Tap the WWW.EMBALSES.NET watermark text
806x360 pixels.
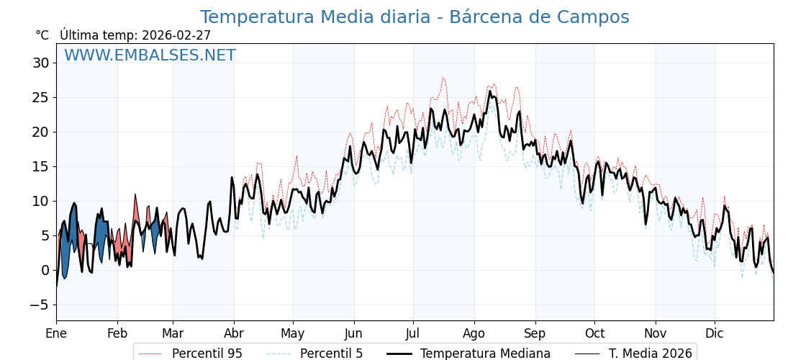coord(150,55)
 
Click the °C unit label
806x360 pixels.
coord(42,35)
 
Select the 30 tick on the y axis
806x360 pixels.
coord(40,63)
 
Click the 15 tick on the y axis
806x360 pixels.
coord(40,166)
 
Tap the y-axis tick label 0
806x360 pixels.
coord(45,270)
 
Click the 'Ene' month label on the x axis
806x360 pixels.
coord(56,334)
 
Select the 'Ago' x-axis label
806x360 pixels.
coord(474,334)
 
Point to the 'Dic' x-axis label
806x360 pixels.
coord(715,334)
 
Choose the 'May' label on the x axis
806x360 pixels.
coord(293,334)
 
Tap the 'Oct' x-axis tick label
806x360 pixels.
coord(594,334)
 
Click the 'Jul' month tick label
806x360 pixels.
coord(413,334)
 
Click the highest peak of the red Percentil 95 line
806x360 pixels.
coord(443,78)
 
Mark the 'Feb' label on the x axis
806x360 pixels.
coord(117,334)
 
